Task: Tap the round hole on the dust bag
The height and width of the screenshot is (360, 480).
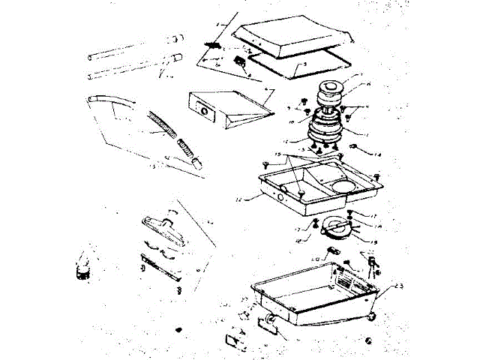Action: point(202,110)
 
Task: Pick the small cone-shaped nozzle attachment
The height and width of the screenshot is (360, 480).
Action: point(82,266)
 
